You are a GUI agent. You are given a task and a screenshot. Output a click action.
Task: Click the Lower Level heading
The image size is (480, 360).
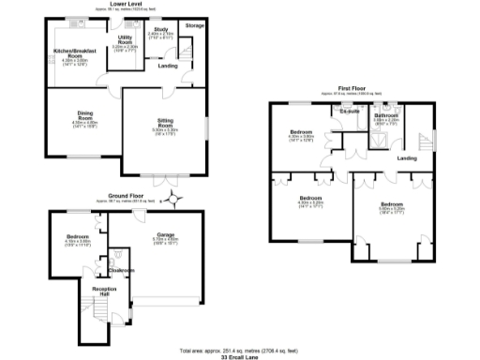coord(120,4)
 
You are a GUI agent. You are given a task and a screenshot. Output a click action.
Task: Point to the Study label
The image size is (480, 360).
coord(161,30)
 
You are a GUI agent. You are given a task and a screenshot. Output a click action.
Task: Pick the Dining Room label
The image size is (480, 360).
coord(84,118)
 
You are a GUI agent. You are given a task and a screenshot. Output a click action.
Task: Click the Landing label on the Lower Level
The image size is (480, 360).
coord(168,67)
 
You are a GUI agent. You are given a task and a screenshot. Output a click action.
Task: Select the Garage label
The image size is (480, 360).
coord(166,234)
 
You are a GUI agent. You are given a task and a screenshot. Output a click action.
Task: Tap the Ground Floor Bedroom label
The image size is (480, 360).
coord(77,235)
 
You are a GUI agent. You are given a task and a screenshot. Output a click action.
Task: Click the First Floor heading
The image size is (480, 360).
coord(352,89)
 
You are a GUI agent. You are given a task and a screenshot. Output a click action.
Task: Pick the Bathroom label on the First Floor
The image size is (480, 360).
coord(386,115)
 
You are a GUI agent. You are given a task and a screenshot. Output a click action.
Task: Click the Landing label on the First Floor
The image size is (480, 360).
coord(407,157)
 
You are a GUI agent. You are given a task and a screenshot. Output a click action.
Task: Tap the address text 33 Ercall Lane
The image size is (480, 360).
coord(238,355)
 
